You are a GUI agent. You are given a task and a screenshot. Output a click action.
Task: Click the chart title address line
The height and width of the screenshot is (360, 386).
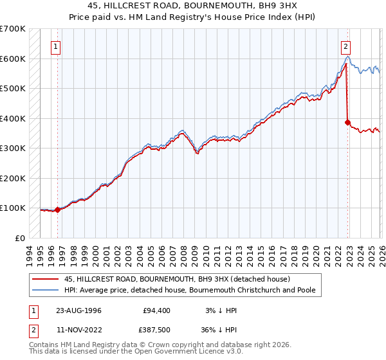tap(192, 6)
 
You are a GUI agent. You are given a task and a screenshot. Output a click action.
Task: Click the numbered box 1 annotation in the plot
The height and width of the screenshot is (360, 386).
tap(57, 46)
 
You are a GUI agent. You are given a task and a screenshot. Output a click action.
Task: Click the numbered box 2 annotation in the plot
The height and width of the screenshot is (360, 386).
tap(346, 46)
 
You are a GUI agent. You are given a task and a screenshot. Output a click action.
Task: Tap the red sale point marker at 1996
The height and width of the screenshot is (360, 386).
tap(58, 210)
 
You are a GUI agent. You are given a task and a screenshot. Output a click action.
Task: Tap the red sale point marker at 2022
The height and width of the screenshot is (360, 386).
tap(348, 122)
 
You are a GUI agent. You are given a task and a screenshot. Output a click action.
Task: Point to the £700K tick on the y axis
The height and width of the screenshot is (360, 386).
tap(13, 29)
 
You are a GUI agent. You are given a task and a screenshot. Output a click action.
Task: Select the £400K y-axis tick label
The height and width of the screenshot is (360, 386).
tap(13, 118)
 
